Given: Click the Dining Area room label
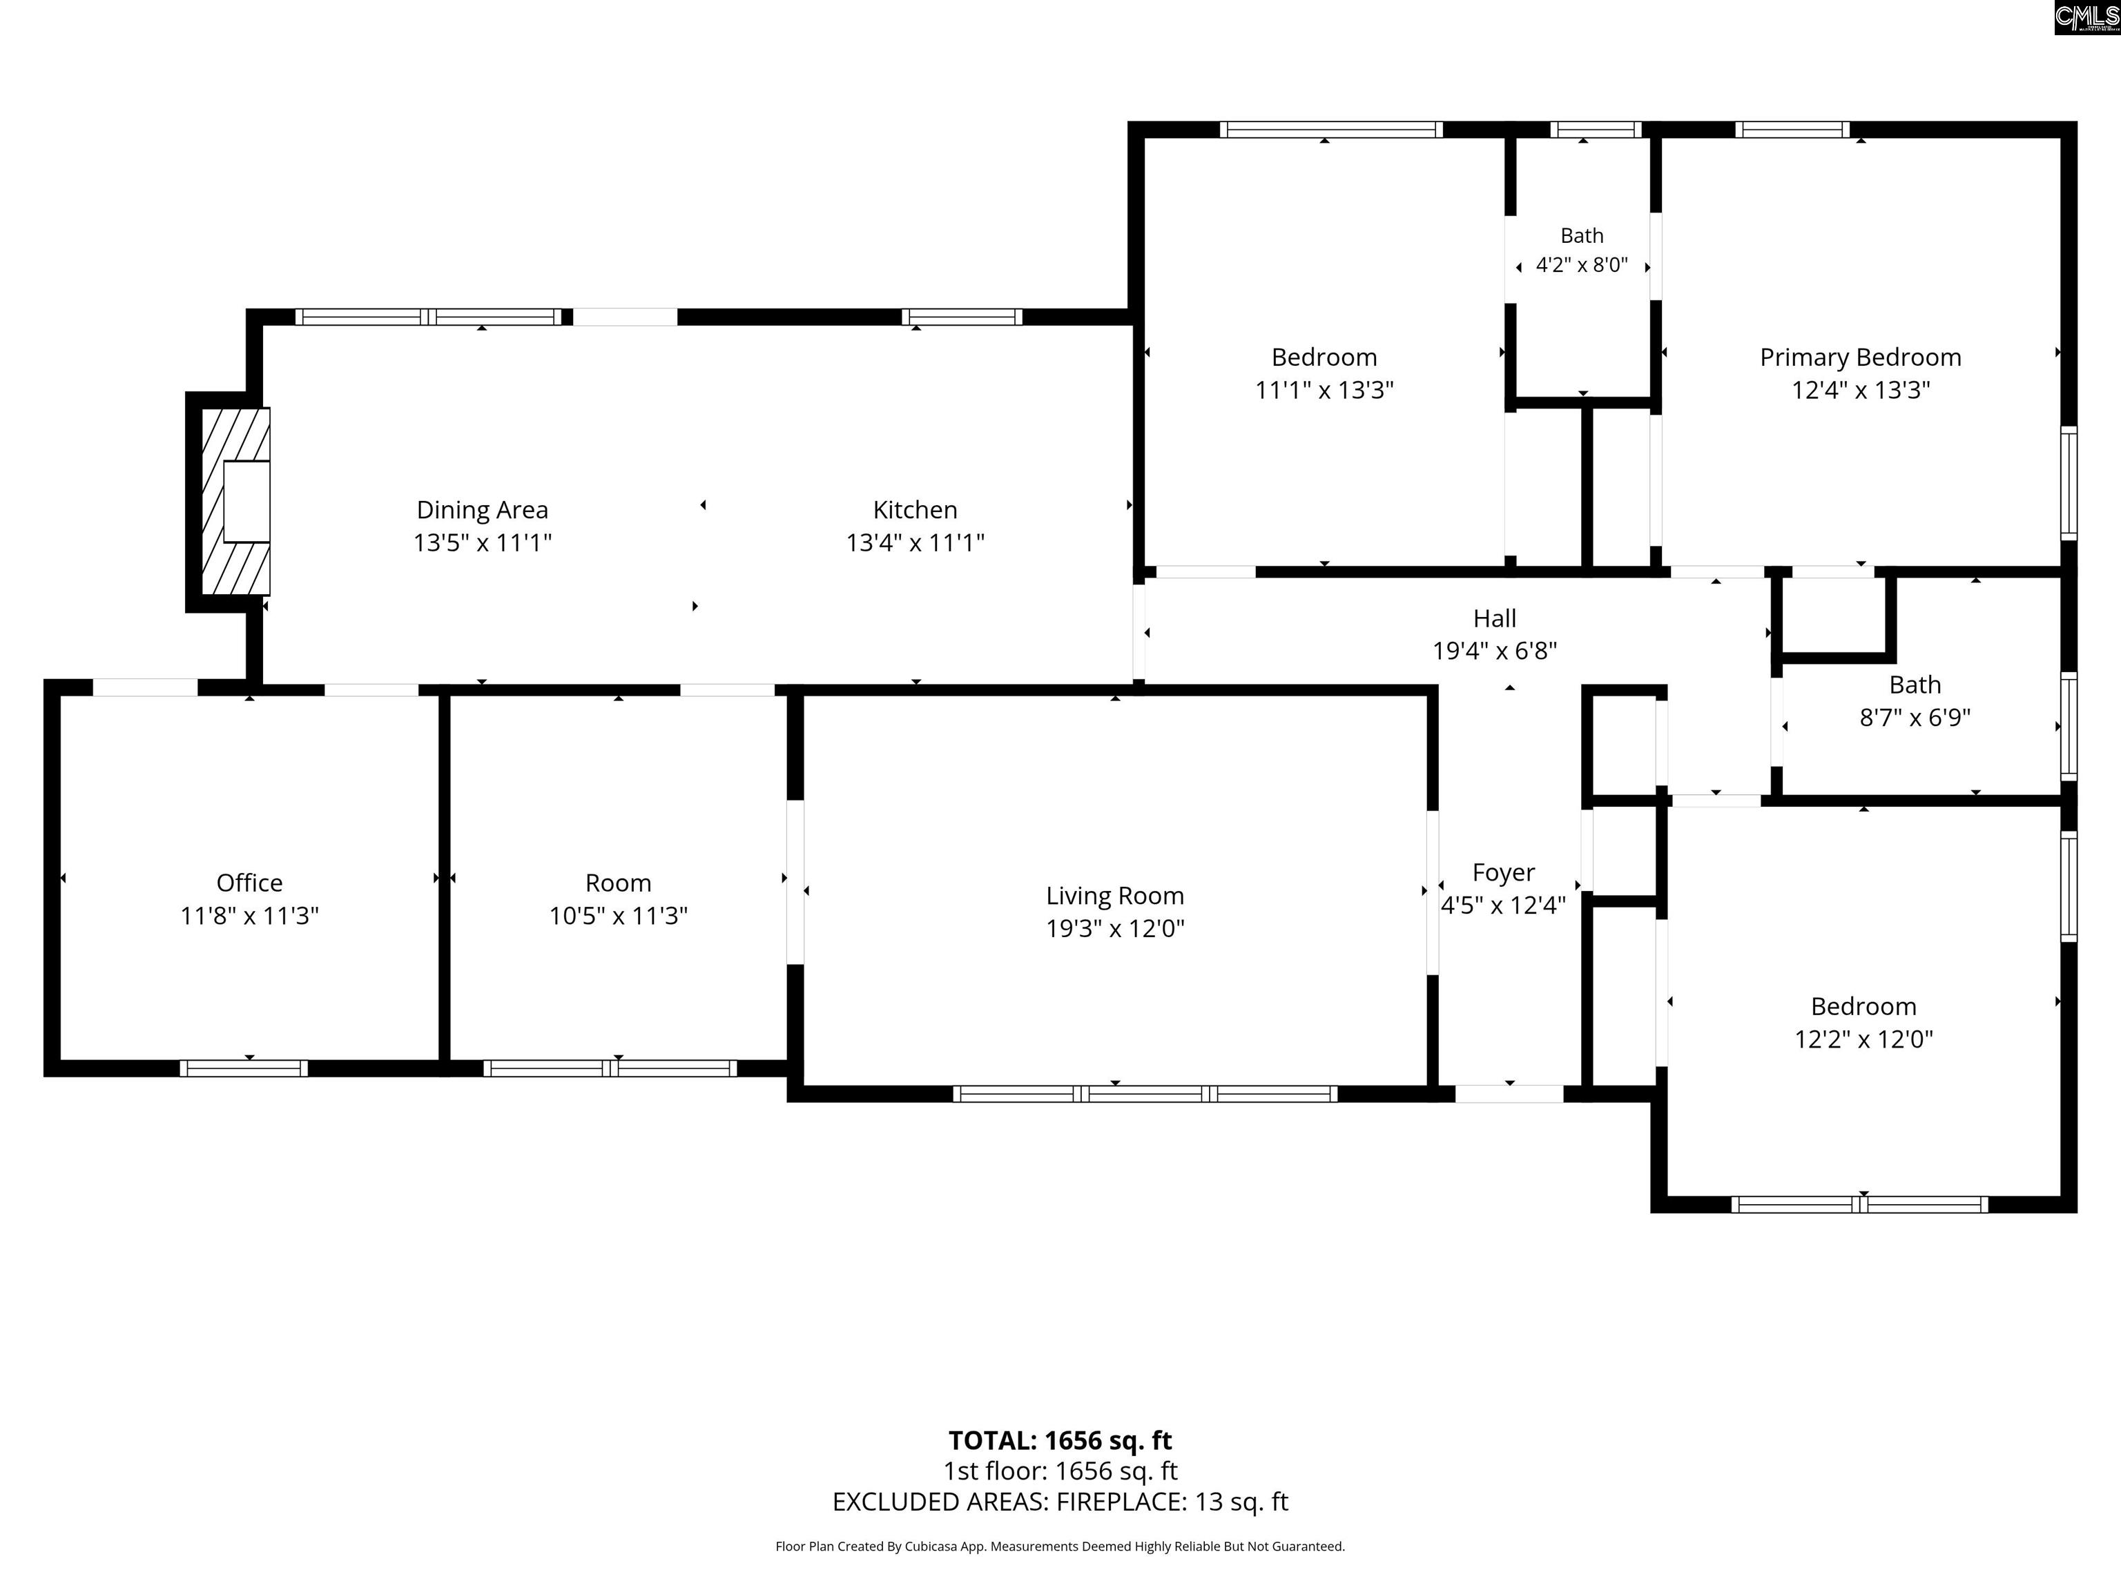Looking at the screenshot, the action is [483, 510].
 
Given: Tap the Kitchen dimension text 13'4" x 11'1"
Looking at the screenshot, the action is [915, 543].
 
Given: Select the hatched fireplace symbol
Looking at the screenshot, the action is [235, 501].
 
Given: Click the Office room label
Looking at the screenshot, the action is [249, 883].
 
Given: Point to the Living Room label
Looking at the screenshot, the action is [1115, 896].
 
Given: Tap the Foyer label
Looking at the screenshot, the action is [1504, 873].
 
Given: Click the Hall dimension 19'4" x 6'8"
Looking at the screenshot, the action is [1495, 651].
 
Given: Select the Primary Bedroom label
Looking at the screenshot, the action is [1860, 357].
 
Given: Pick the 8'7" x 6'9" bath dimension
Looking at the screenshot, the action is [1915, 718].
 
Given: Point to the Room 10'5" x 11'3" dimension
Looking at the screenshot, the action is [619, 916].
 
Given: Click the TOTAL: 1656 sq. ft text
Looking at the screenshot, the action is [1060, 1440].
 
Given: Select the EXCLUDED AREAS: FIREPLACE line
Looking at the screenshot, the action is [1060, 1502].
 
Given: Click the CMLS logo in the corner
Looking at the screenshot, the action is [2086, 17].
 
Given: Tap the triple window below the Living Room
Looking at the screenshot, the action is [1145, 1094].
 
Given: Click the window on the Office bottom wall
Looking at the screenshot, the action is [244, 1068].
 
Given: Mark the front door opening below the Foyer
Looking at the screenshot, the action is [1509, 1094].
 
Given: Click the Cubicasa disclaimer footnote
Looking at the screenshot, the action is [1060, 1546].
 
